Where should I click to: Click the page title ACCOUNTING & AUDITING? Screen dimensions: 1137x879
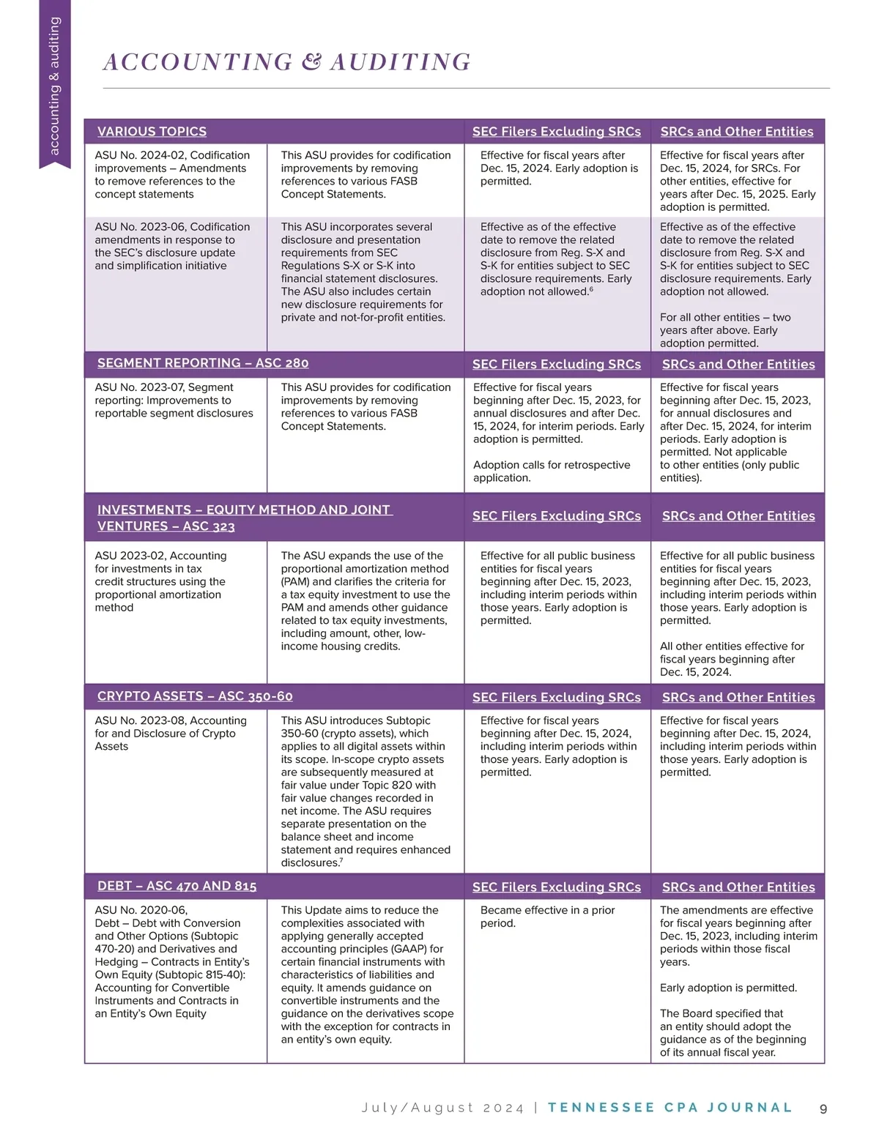[287, 62]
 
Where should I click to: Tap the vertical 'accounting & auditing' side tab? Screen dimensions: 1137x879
[54, 86]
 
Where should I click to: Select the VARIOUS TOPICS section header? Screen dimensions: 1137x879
[152, 132]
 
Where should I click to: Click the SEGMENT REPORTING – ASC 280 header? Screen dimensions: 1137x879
[203, 363]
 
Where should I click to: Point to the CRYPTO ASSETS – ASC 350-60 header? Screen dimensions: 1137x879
[195, 696]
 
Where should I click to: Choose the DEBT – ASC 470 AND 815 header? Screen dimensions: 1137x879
[177, 886]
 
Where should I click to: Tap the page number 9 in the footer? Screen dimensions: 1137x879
[823, 1108]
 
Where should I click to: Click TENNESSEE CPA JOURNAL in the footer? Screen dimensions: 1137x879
[670, 1108]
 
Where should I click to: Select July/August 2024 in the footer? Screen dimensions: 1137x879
[443, 1108]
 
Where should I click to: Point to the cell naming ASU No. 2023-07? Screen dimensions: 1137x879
[174, 400]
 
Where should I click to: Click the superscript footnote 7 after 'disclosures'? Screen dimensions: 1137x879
[341, 860]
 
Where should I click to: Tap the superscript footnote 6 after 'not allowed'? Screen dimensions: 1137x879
[591, 289]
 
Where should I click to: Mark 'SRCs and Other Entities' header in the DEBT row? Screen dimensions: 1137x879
[738, 887]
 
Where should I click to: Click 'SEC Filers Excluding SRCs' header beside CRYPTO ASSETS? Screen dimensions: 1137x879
[557, 698]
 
